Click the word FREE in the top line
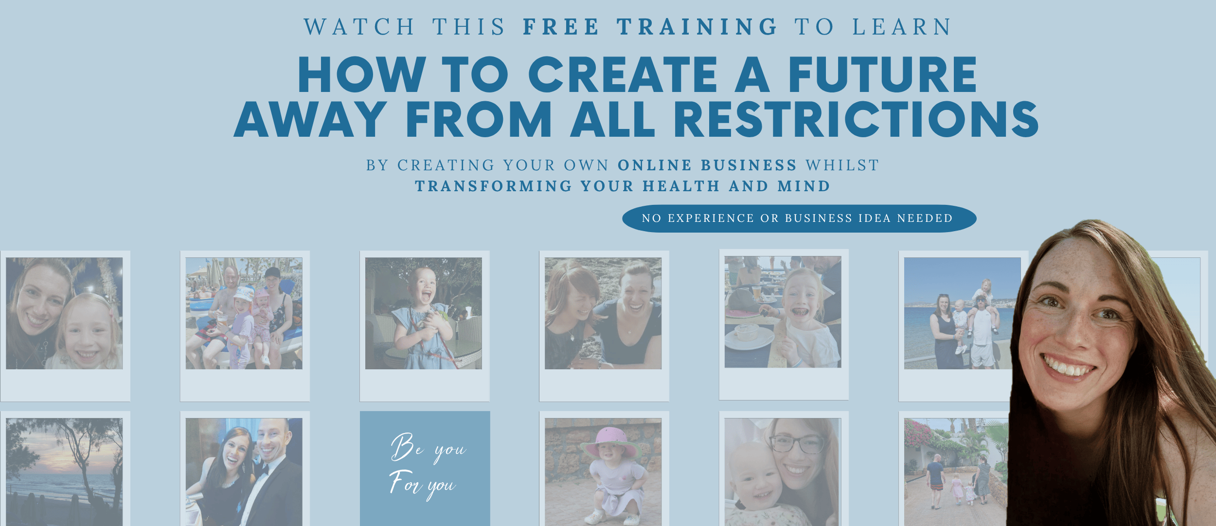[x=561, y=27]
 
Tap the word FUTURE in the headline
[x=882, y=74]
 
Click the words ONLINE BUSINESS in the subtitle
[x=707, y=165]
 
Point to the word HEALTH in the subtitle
[x=681, y=186]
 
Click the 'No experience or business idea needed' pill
[x=799, y=218]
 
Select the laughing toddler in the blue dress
[x=422, y=319]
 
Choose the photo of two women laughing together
[x=603, y=313]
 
